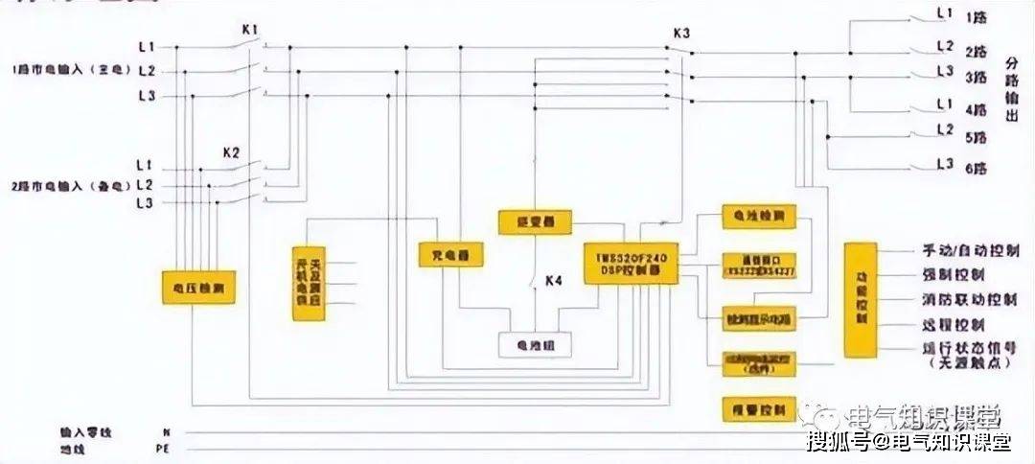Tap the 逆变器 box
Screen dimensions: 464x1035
pos(534,222)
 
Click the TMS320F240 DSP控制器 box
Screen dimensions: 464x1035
pos(632,262)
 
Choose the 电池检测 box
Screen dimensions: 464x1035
pos(757,217)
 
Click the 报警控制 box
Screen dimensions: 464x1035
pos(757,409)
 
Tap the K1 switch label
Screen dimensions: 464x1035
pos(250,30)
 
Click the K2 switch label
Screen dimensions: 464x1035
pos(231,151)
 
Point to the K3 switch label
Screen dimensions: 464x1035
pos(681,34)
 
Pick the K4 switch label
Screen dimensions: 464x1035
pos(554,281)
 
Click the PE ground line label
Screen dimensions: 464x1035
pos(162,448)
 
